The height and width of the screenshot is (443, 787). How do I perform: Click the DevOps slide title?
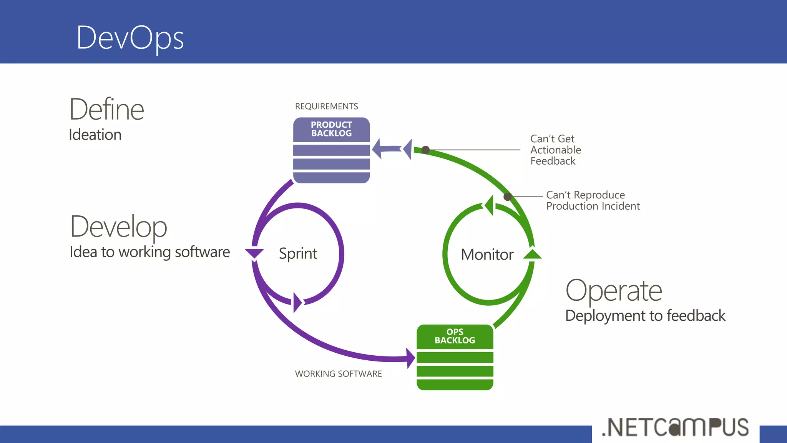(x=130, y=38)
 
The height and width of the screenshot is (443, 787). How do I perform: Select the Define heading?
(x=106, y=110)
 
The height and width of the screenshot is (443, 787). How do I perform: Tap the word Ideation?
(x=95, y=135)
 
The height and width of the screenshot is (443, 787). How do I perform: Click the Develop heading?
(x=118, y=227)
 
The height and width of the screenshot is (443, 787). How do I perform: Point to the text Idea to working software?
(x=149, y=252)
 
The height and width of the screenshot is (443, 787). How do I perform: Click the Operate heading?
(x=614, y=291)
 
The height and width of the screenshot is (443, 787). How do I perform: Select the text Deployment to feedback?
(x=645, y=316)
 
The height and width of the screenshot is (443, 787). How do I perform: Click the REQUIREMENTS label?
(x=326, y=107)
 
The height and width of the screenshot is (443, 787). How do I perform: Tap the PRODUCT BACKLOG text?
(x=331, y=129)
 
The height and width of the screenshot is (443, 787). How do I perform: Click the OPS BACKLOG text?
(x=455, y=336)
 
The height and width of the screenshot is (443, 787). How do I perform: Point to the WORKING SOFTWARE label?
(x=338, y=374)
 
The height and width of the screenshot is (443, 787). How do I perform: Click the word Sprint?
(x=298, y=254)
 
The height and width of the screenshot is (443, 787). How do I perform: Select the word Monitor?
(x=487, y=255)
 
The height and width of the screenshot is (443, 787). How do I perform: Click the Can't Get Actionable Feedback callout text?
(x=555, y=150)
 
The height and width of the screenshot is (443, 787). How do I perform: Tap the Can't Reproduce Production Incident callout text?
(x=593, y=201)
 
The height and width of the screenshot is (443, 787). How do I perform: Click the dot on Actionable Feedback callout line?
(x=425, y=150)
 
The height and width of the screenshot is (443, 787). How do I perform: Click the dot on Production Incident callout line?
(x=507, y=197)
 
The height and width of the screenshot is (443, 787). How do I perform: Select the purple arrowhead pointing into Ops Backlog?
(x=410, y=358)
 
